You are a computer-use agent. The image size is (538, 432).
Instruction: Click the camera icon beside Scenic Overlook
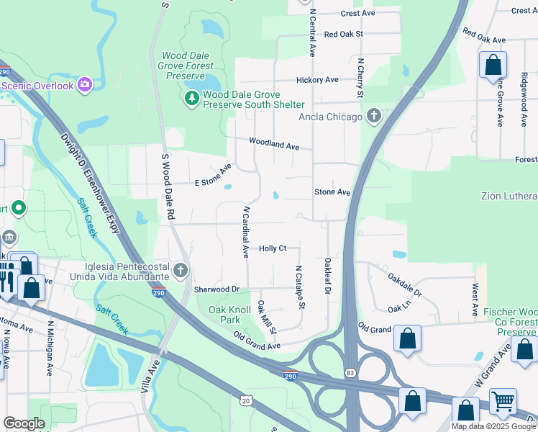point(85,86)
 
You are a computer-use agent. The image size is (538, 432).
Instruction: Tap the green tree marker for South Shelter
point(192,99)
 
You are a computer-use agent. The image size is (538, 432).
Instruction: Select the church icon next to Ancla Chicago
point(373,116)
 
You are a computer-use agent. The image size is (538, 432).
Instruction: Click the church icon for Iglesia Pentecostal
point(180,271)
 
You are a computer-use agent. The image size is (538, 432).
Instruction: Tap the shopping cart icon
point(503,400)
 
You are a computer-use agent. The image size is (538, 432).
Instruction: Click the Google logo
point(24,423)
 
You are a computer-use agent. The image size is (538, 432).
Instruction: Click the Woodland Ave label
point(274,144)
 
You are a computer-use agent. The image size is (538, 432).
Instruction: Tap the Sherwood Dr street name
point(216,289)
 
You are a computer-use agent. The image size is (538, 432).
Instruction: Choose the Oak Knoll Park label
point(224,314)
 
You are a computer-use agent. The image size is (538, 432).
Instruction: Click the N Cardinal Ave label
point(246,233)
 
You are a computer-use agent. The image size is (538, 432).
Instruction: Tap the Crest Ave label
point(358,13)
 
